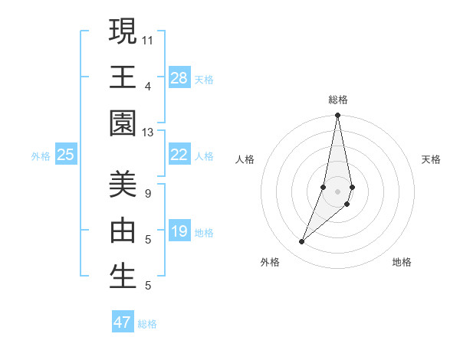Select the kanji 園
click(123, 123)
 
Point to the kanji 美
click(123, 184)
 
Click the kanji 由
click(123, 230)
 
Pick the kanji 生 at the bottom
click(123, 276)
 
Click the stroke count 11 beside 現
click(148, 39)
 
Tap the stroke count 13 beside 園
click(148, 133)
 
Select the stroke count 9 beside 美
click(147, 194)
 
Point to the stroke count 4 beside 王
click(147, 86)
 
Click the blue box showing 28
click(179, 78)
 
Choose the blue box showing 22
click(179, 155)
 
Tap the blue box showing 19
click(179, 231)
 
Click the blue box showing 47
click(123, 322)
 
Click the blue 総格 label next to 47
click(148, 324)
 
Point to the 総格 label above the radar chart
click(338, 100)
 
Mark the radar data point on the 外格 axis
click(302, 242)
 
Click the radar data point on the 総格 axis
click(337, 116)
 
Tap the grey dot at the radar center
click(337, 191)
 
